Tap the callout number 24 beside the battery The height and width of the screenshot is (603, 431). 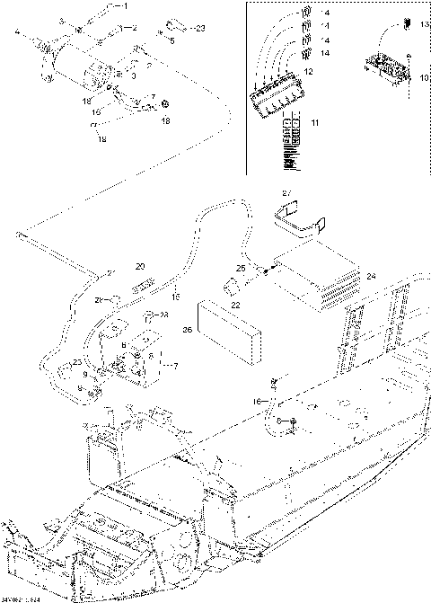372,277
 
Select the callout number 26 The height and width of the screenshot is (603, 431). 188,329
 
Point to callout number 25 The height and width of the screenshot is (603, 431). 241,267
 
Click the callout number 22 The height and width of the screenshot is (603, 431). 235,306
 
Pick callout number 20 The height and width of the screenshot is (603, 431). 140,266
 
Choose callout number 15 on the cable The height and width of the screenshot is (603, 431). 176,296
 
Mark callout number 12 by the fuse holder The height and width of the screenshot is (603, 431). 308,71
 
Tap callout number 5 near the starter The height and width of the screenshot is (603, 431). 172,40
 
